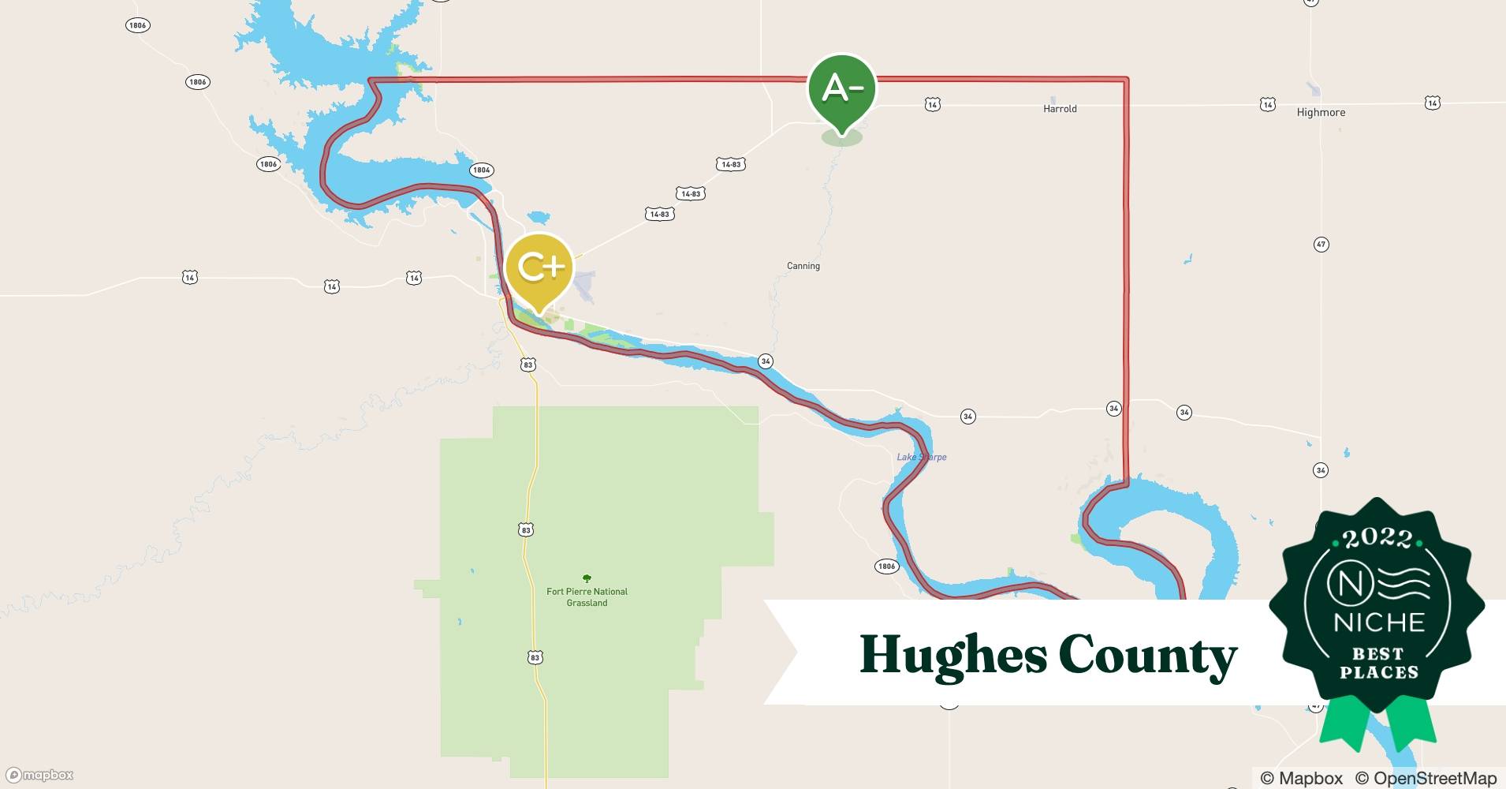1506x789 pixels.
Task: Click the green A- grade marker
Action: (x=841, y=88)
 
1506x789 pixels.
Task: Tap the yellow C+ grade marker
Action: (x=539, y=268)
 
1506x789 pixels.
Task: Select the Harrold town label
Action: (x=1059, y=109)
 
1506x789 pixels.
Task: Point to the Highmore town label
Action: (x=1321, y=113)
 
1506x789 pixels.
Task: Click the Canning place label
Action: (x=803, y=266)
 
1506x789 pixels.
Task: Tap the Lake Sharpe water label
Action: (x=921, y=457)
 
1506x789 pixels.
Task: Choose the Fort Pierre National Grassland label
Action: (x=587, y=597)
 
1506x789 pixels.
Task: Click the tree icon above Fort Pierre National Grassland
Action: (x=586, y=578)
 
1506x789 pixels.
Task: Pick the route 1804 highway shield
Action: (x=481, y=170)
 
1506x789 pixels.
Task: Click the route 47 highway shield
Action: (x=1321, y=245)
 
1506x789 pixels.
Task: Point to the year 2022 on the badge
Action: (x=1377, y=538)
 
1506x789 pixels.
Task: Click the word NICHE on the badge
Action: (x=1378, y=623)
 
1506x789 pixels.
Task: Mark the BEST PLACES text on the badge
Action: (x=1378, y=664)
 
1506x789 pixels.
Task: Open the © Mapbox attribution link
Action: (x=1301, y=778)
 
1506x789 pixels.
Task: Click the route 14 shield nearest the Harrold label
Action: (x=932, y=104)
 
